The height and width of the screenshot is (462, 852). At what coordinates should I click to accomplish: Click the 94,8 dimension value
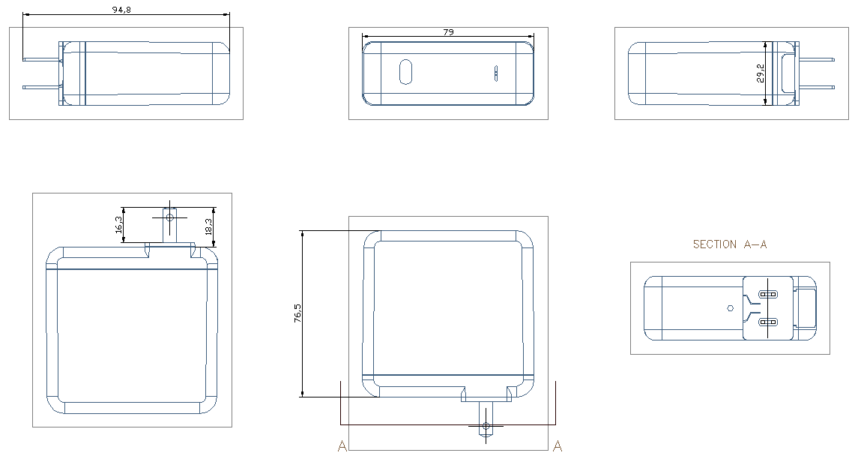[x=122, y=10]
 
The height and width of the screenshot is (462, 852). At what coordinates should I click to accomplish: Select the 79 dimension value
[x=448, y=32]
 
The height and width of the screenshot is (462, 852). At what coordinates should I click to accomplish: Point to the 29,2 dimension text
[x=761, y=73]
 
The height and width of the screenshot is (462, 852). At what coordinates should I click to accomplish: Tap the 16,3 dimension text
[x=119, y=224]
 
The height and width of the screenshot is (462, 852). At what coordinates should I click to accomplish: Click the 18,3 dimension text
[x=208, y=226]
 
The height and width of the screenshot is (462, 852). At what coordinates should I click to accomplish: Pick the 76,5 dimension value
[x=298, y=313]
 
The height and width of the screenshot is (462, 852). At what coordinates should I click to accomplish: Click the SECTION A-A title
[x=729, y=244]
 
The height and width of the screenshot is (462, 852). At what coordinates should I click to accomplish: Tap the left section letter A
[x=342, y=446]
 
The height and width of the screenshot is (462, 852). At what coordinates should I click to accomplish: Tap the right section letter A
[x=557, y=446]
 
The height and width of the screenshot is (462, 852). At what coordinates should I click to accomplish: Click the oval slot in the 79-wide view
[x=405, y=73]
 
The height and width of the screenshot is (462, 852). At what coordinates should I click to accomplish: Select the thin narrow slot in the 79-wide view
[x=495, y=73]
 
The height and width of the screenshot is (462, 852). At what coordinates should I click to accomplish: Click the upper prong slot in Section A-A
[x=768, y=295]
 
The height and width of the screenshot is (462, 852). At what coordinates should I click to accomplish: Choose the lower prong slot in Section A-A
[x=768, y=322]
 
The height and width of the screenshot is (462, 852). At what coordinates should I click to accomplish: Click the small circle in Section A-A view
[x=731, y=307]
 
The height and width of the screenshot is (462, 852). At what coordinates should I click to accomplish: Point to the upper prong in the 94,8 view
[x=41, y=59]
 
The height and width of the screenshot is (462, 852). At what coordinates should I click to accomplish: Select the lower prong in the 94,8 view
[x=41, y=87]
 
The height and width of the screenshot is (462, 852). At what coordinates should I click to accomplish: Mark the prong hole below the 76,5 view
[x=486, y=426]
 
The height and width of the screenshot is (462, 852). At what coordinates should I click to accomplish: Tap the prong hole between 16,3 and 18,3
[x=169, y=217]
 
